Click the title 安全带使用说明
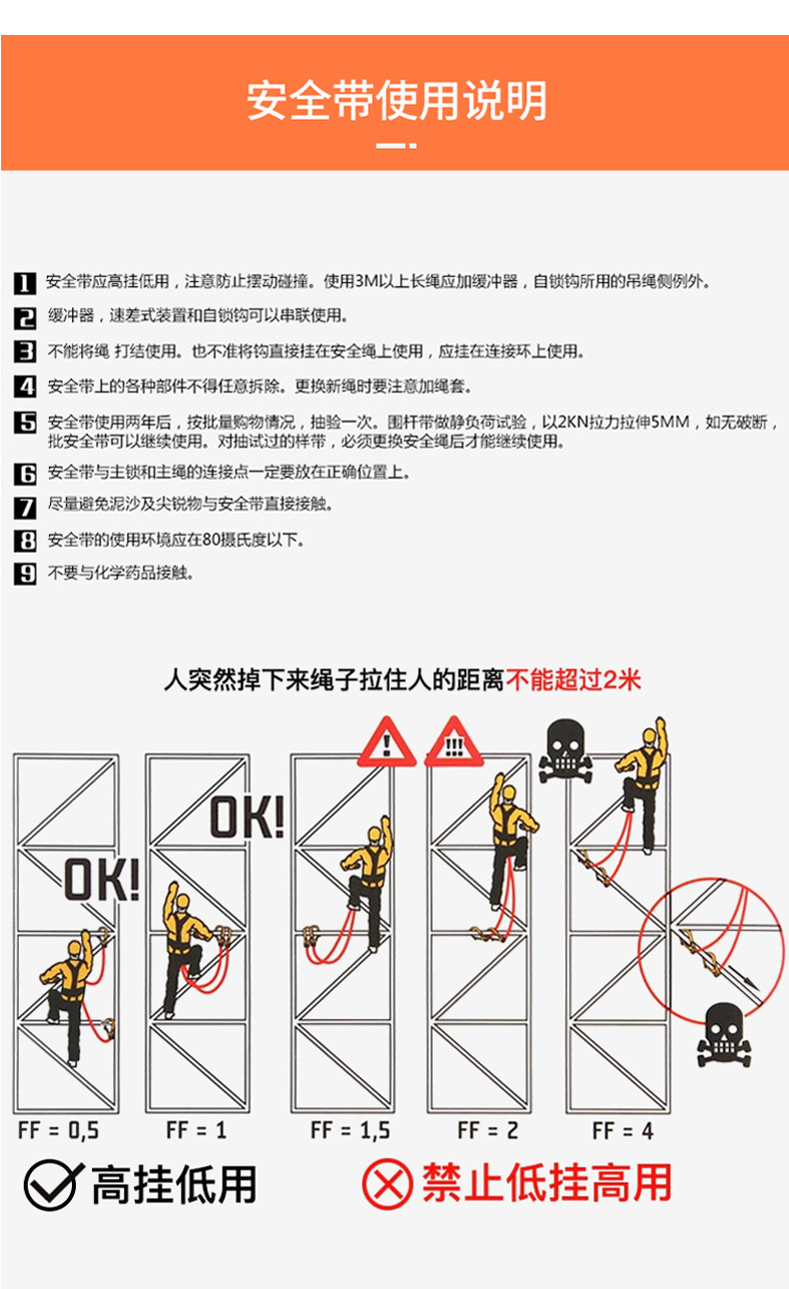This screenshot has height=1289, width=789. (x=395, y=101)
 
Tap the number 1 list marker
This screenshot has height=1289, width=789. (x=25, y=283)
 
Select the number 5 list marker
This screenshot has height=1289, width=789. (x=25, y=424)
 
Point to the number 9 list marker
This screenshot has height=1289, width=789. (x=25, y=574)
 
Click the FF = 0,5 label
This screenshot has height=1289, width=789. (x=59, y=1131)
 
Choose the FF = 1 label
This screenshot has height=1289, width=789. (x=196, y=1131)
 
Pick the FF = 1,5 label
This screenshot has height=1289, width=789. (x=350, y=1131)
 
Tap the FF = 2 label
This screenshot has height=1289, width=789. (x=487, y=1131)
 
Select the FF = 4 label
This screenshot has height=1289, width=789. (x=624, y=1131)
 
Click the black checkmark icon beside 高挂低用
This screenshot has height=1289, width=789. (x=50, y=1185)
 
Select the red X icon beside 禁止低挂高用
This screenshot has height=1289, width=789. (x=387, y=1185)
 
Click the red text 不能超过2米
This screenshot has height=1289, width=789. (x=573, y=680)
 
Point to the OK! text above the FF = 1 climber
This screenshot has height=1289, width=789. (x=247, y=817)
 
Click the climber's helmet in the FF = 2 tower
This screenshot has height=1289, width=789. (x=507, y=792)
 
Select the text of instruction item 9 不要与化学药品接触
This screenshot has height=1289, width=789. (x=121, y=574)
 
